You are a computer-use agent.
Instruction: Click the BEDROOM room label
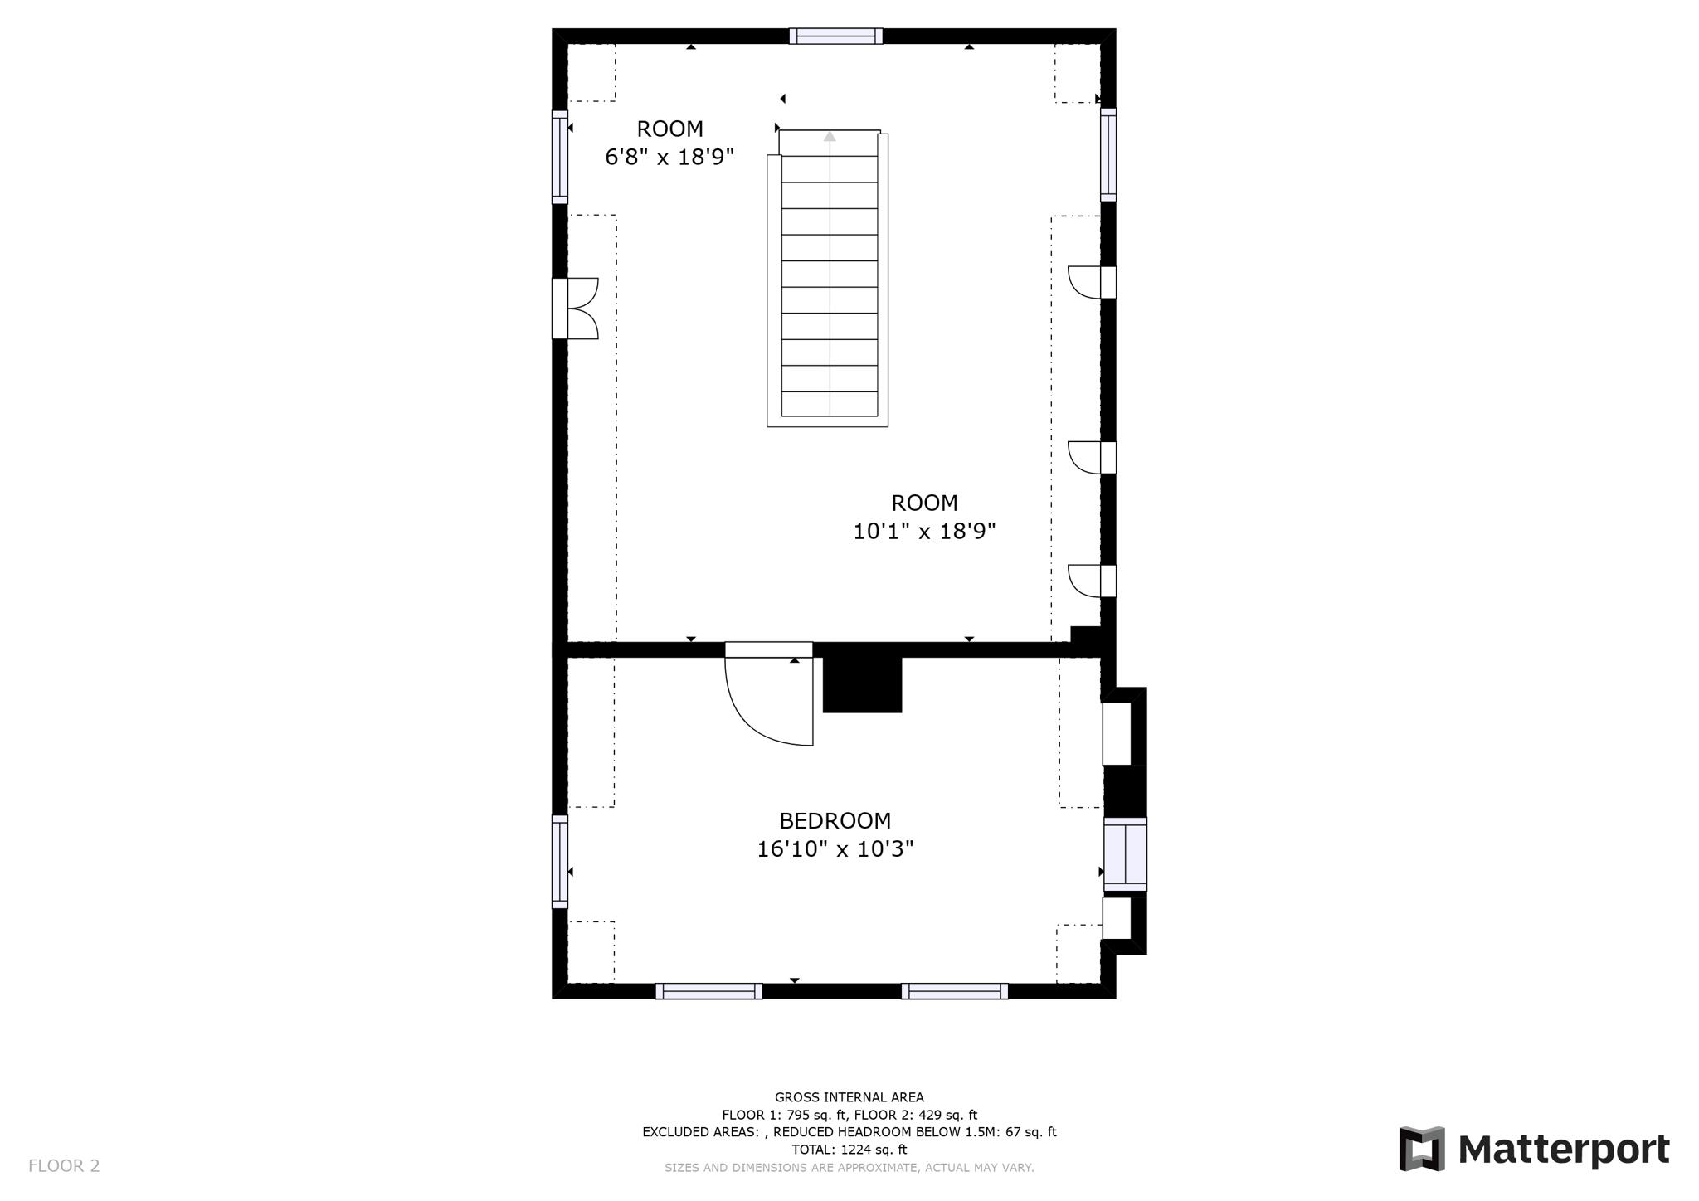click(x=835, y=820)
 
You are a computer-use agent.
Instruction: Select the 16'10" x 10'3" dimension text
click(x=835, y=849)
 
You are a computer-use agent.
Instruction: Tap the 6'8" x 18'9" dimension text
click(x=669, y=157)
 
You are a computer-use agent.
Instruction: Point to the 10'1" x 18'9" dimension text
click(x=924, y=531)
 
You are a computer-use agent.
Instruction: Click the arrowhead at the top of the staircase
click(x=830, y=137)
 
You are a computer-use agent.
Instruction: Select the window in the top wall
click(x=835, y=36)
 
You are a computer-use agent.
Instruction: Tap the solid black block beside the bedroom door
click(x=862, y=685)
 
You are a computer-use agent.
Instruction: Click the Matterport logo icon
click(x=1422, y=1149)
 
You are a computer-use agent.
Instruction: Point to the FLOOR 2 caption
click(x=64, y=1165)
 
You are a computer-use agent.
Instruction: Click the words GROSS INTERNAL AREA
click(x=849, y=1097)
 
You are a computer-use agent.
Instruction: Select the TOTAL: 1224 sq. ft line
click(x=849, y=1150)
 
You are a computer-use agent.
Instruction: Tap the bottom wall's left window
click(x=708, y=990)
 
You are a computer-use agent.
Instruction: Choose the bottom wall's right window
click(x=954, y=990)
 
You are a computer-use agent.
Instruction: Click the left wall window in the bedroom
click(x=560, y=861)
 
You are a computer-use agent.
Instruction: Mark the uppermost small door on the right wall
click(x=1087, y=282)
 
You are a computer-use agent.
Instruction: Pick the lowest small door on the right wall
click(x=1087, y=581)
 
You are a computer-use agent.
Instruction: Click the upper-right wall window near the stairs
click(x=1108, y=154)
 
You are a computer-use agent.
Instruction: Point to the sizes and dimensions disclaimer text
click(x=849, y=1168)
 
